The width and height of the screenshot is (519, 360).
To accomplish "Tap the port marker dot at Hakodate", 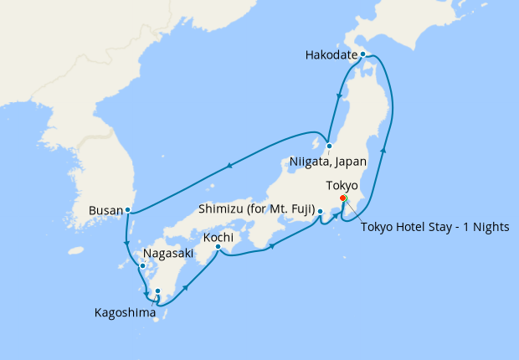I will point(362,54).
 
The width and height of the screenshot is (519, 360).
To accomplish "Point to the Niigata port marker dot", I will point(330,146).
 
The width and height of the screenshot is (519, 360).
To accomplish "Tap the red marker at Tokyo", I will point(343,198).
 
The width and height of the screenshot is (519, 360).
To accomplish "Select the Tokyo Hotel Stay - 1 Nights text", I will point(434,227).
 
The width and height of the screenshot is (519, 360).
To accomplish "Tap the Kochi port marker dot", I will point(218,247).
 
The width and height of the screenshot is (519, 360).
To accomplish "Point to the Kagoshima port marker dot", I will point(157,291).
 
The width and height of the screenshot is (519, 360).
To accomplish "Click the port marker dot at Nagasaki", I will point(141,266).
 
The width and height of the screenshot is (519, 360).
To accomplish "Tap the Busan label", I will point(105,210).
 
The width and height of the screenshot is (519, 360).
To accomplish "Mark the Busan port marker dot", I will point(127,209).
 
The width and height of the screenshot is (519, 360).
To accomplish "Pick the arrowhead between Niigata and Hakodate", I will point(338,97).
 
